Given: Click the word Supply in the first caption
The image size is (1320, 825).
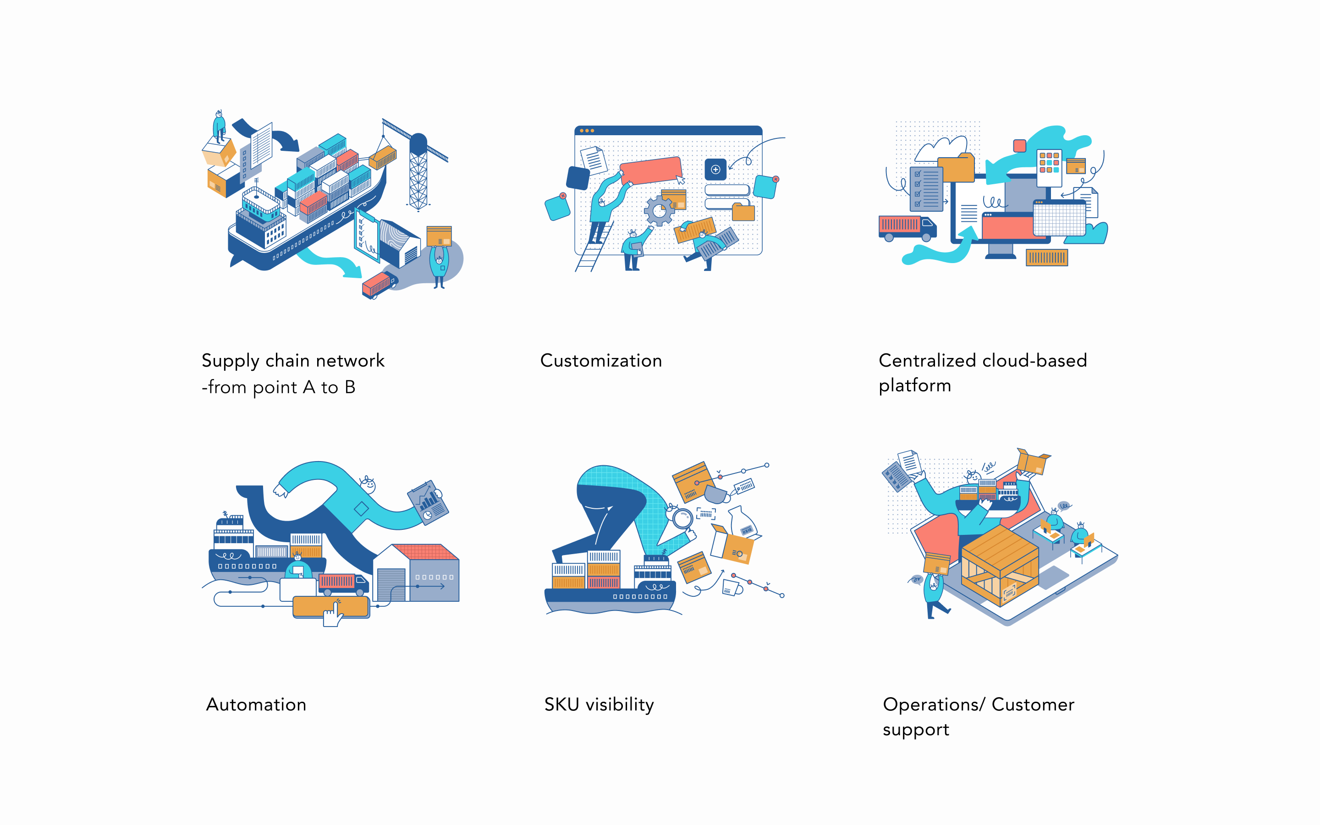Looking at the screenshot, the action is pos(230,361).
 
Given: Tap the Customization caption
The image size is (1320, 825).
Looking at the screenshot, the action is pos(600,361).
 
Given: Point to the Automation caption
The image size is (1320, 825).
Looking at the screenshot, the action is pos(256,704).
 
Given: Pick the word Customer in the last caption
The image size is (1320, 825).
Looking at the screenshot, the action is pos(1033,704).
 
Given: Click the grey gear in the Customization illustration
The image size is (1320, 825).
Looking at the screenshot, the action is pos(659,210).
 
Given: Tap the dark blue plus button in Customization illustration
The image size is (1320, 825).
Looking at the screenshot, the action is pos(715,169).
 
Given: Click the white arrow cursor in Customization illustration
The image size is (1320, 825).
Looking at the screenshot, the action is pos(681,180).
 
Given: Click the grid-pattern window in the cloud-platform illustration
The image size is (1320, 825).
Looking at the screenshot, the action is pos(1059,218).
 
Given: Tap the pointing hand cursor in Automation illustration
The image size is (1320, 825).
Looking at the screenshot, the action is pos(332,613).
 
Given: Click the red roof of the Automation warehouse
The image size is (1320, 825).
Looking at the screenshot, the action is pos(425,552).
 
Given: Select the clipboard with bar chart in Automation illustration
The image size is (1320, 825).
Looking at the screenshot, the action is pos(428,502).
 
